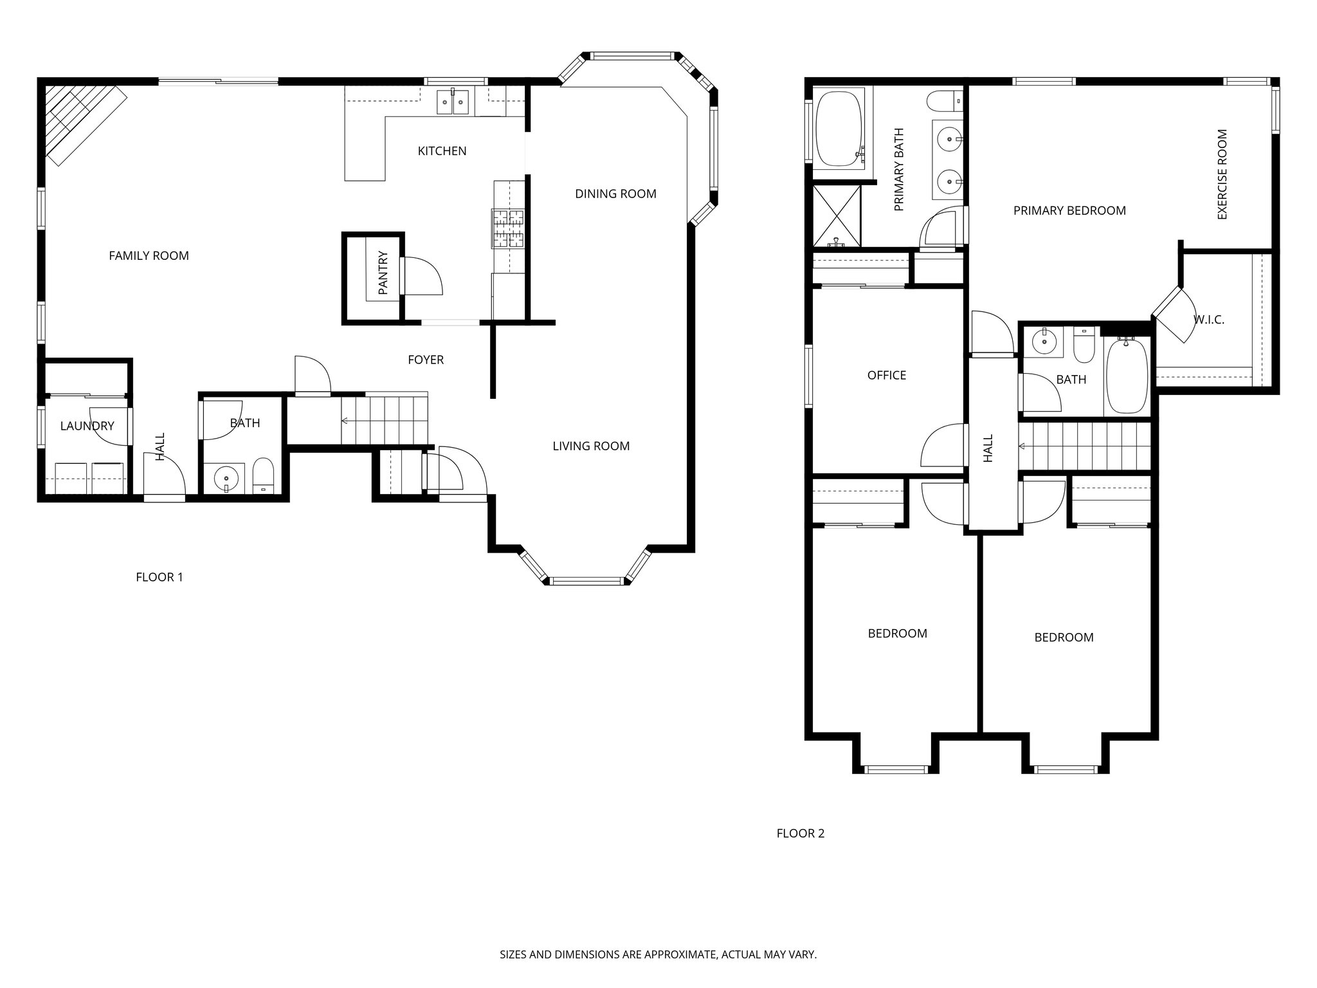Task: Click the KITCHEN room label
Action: click(x=442, y=151)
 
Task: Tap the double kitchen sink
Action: click(x=453, y=102)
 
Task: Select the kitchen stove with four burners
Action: click(x=509, y=229)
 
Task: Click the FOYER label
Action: click(x=426, y=360)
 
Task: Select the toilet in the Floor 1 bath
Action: click(x=263, y=476)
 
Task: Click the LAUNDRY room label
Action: click(x=87, y=426)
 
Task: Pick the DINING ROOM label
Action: click(x=615, y=194)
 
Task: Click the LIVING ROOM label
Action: click(x=591, y=446)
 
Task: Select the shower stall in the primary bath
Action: click(x=837, y=216)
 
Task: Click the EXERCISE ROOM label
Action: click(x=1222, y=174)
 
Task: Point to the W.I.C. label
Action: click(x=1208, y=320)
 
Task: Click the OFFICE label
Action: click(x=886, y=376)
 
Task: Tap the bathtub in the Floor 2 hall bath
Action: click(x=1125, y=376)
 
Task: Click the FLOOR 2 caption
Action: click(x=800, y=834)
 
